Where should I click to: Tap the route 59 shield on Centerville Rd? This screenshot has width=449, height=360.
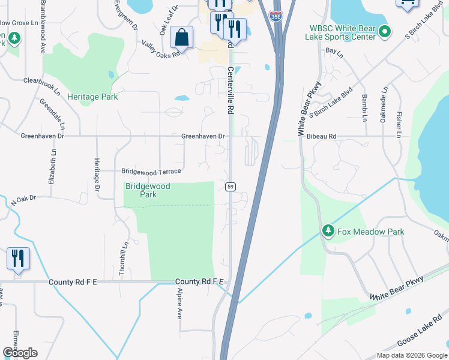[x=230, y=187]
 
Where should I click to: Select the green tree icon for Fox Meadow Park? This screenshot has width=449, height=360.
[x=328, y=231]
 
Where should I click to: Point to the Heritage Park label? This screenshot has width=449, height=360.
[x=92, y=97]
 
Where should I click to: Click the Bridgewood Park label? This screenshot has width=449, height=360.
[x=148, y=191]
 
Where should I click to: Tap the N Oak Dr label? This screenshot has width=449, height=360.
[x=23, y=200]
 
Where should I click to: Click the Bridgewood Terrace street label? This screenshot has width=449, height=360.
[x=151, y=171]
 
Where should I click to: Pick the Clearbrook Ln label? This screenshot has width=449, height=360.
[x=42, y=86]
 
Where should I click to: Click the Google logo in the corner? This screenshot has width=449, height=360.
[x=20, y=352]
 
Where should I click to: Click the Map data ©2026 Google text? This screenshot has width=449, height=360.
[x=411, y=355]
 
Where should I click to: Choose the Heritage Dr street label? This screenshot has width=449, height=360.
[x=97, y=175]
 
